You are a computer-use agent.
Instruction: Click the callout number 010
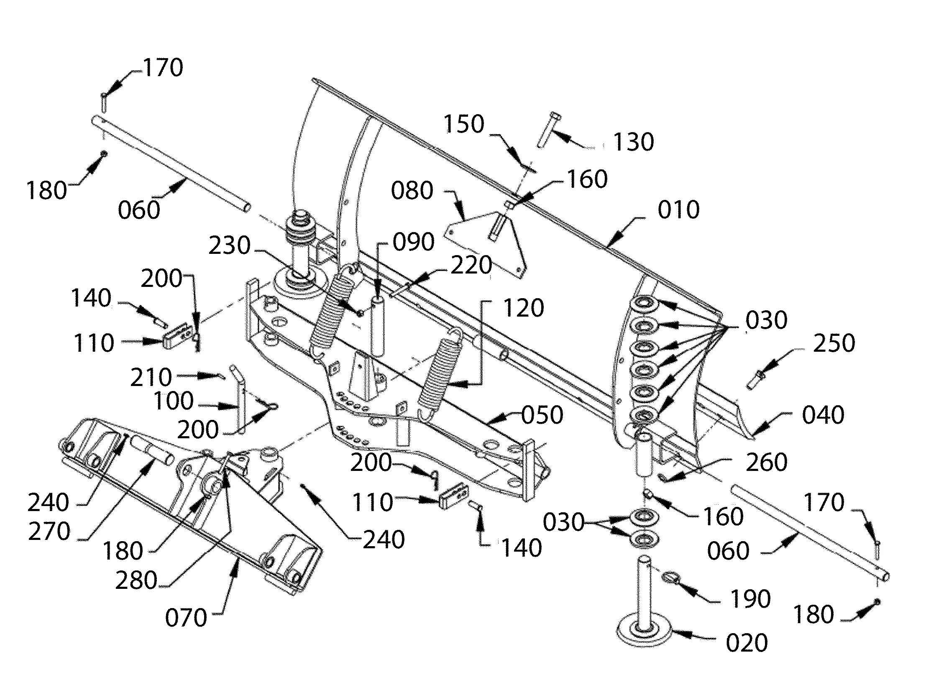[678, 210]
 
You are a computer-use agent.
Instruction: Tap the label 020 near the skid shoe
[747, 643]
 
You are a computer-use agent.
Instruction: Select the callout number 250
[834, 343]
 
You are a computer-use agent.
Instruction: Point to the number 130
[633, 142]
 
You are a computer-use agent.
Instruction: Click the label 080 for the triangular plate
[412, 191]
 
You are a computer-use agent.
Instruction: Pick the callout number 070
[186, 618]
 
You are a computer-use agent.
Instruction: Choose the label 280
[136, 580]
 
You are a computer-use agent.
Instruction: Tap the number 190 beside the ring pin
[750, 599]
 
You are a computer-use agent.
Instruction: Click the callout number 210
[151, 377]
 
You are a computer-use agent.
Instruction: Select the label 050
[542, 415]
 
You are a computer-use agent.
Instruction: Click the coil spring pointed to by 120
[438, 372]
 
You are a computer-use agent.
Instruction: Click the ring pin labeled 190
[669, 577]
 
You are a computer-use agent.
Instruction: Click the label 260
[767, 462]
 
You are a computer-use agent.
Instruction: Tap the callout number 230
[230, 245]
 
